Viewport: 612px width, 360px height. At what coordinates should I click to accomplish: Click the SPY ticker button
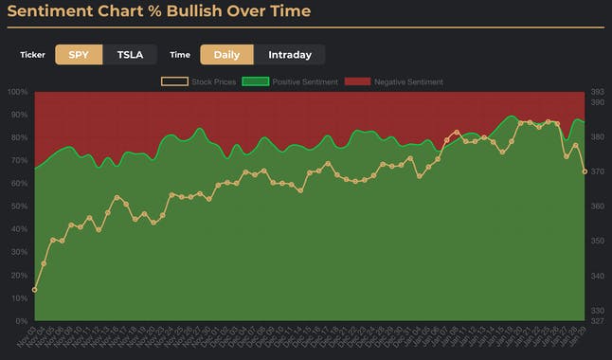79,55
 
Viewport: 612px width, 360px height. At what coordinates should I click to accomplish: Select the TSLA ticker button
130,55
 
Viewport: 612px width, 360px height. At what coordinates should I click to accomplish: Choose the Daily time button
226,55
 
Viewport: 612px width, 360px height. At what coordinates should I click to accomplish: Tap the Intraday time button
289,55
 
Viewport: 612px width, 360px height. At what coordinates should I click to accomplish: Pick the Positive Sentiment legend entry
290,82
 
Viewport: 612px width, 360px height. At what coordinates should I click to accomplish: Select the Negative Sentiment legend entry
392,82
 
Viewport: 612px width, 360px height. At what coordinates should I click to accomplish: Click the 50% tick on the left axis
17,207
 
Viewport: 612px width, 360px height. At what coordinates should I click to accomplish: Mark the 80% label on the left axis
17,137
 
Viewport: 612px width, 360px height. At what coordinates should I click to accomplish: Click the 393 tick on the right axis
598,92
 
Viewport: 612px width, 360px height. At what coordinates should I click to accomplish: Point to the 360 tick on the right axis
598,207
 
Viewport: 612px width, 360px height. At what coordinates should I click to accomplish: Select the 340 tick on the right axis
598,276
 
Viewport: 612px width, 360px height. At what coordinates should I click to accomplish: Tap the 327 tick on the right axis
598,320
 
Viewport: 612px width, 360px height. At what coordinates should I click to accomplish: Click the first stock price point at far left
35,290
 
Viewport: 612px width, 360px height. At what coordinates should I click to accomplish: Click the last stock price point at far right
585,171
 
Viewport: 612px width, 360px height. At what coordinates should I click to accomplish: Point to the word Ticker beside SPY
32,55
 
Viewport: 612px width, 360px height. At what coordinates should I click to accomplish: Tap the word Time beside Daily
180,55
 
